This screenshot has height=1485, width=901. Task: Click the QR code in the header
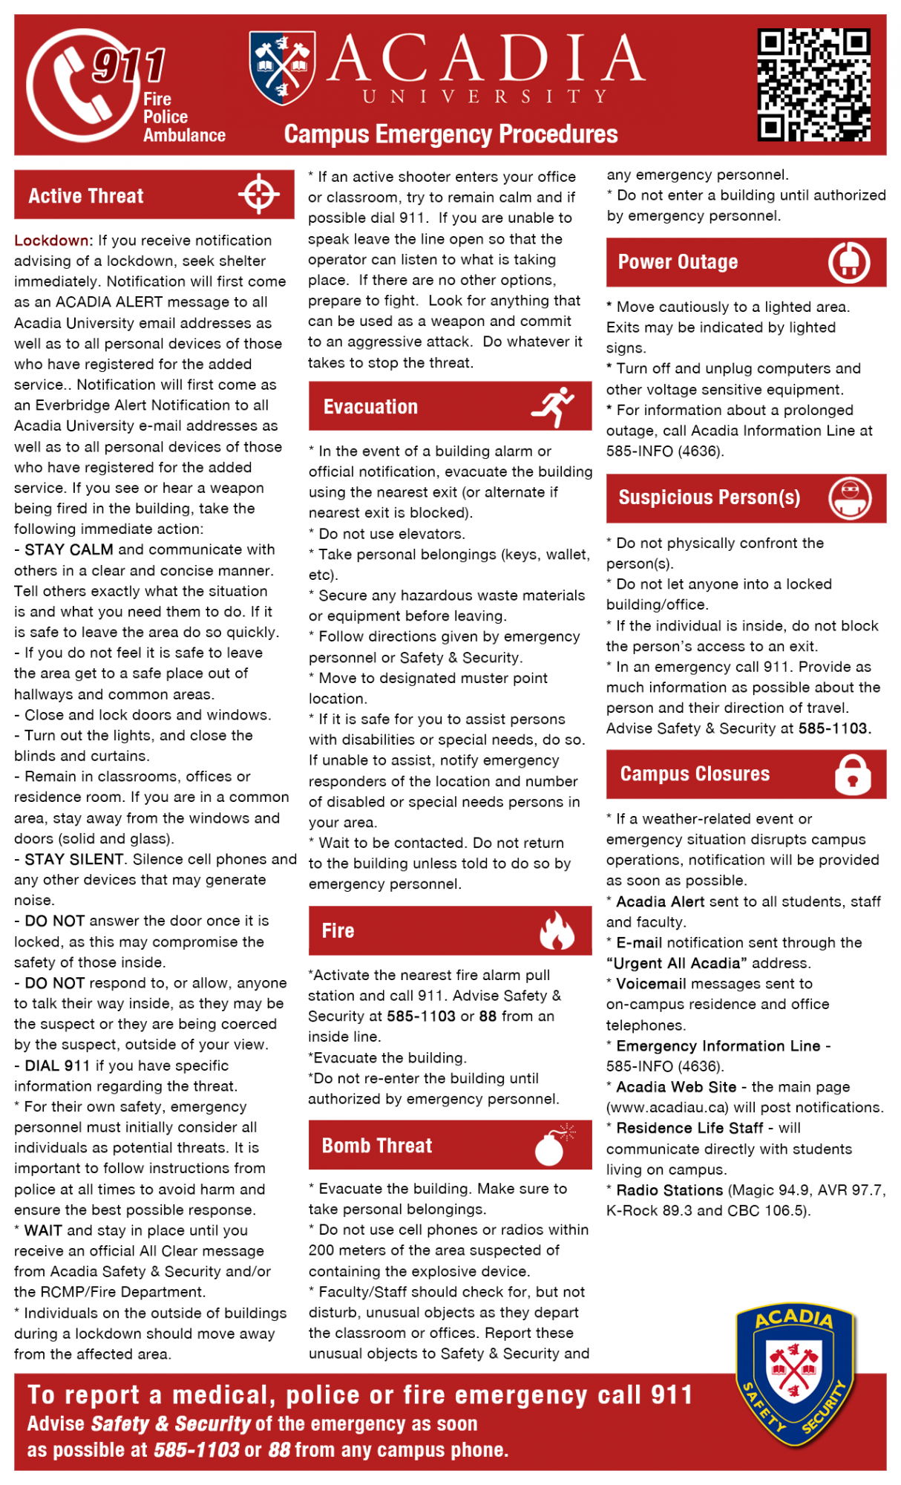[x=813, y=85]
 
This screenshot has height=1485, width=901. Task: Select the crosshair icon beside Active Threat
[x=258, y=195]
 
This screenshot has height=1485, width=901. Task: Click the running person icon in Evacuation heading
[x=554, y=406]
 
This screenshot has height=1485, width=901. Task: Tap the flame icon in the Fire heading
[x=557, y=930]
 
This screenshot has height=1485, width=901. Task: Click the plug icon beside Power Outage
[x=849, y=262]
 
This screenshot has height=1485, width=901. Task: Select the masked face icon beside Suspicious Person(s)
[x=849, y=498]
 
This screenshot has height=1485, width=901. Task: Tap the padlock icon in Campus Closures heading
[x=852, y=774]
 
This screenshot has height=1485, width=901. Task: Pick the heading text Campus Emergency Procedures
[x=450, y=134]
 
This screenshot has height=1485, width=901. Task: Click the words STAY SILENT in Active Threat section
[x=74, y=859]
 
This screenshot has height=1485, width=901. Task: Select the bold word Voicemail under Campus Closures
[x=651, y=984]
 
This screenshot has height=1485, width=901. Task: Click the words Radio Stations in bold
[x=669, y=1190]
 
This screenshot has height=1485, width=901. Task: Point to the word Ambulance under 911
[x=184, y=135]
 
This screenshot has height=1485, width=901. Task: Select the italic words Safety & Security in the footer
[x=170, y=1423]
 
